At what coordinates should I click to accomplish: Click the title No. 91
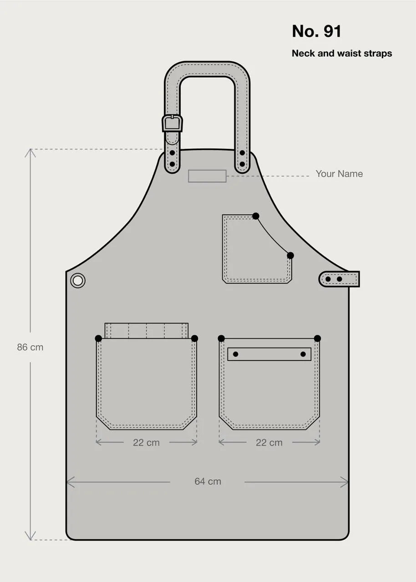[x=316, y=31]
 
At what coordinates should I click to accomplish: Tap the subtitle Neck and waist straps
[x=342, y=53]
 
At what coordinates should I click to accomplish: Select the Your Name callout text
[x=339, y=174]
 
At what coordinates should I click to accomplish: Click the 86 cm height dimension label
[x=30, y=347]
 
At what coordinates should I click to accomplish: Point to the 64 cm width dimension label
[x=208, y=481]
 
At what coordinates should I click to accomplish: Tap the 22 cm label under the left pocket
[x=147, y=442]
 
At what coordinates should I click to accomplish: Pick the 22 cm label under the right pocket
[x=269, y=442]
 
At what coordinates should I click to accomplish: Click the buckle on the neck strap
[x=172, y=123]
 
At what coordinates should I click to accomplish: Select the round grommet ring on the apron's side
[x=78, y=281]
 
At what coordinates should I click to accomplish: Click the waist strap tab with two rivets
[x=339, y=279]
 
